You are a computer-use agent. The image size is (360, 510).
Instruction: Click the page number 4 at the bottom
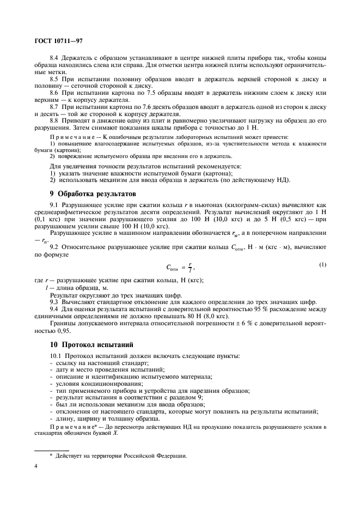click(x=36, y=466)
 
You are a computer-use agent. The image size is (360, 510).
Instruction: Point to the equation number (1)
click(x=322, y=265)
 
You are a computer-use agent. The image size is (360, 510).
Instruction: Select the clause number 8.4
click(x=55, y=57)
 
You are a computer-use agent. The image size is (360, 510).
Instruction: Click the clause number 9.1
click(x=55, y=204)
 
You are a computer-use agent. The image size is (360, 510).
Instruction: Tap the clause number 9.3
click(x=55, y=301)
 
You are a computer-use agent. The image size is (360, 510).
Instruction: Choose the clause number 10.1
click(x=57, y=357)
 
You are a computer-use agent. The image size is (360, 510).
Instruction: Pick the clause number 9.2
click(x=55, y=247)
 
